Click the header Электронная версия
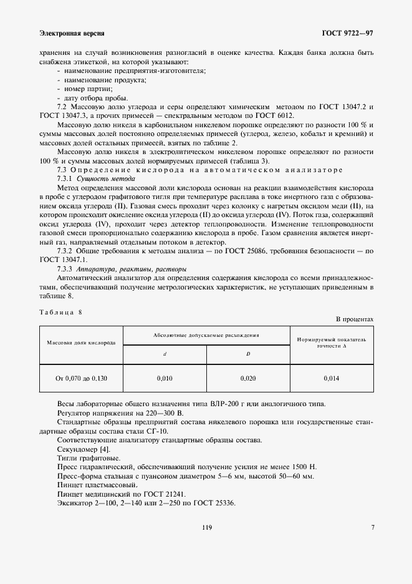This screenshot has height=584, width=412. tap(71, 32)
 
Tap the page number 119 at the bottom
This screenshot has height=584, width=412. tap(207, 527)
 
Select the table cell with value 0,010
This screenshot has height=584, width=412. tap(165, 378)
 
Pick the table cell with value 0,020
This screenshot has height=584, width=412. tap(248, 378)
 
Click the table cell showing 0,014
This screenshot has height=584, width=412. tap(332, 378)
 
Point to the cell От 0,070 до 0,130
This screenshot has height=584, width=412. tap(81, 378)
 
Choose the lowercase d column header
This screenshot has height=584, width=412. tap(165, 354)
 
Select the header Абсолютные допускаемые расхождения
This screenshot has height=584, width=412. tap(206, 335)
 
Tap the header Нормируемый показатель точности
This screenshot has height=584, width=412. tap(332, 342)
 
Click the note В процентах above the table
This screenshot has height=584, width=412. tap(355, 319)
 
